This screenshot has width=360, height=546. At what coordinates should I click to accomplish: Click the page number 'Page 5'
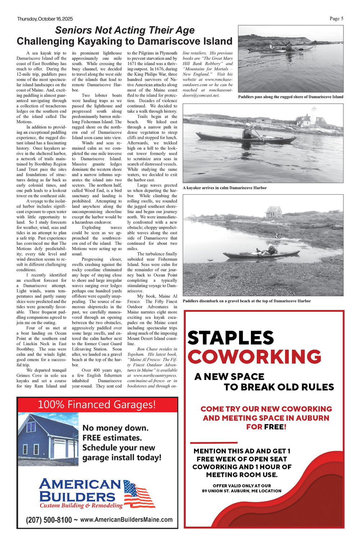(x=336, y=19)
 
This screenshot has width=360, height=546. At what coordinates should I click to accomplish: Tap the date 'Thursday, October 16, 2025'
(x=45, y=19)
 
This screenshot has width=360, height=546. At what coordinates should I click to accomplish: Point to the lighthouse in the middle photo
(x=314, y=115)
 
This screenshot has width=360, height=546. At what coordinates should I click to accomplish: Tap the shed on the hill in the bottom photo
(x=274, y=212)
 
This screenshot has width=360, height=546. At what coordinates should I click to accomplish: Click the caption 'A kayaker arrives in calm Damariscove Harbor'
(x=225, y=188)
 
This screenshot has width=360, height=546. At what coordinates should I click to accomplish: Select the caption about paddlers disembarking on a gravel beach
(x=247, y=301)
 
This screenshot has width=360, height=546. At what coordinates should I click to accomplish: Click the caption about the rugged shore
(x=291, y=97)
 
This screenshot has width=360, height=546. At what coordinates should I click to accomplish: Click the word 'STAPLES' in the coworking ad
(x=230, y=338)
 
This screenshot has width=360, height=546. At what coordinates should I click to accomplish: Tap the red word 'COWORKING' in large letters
(x=254, y=357)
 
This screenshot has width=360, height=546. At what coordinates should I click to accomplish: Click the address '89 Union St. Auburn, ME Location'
(x=242, y=491)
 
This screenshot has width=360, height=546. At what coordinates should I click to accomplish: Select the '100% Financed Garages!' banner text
(x=97, y=405)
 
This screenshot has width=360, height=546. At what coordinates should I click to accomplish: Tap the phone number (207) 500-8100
(x=49, y=520)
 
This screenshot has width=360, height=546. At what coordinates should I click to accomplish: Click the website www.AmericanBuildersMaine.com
(x=126, y=520)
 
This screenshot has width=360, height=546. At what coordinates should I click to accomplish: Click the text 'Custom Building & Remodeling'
(x=81, y=506)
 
